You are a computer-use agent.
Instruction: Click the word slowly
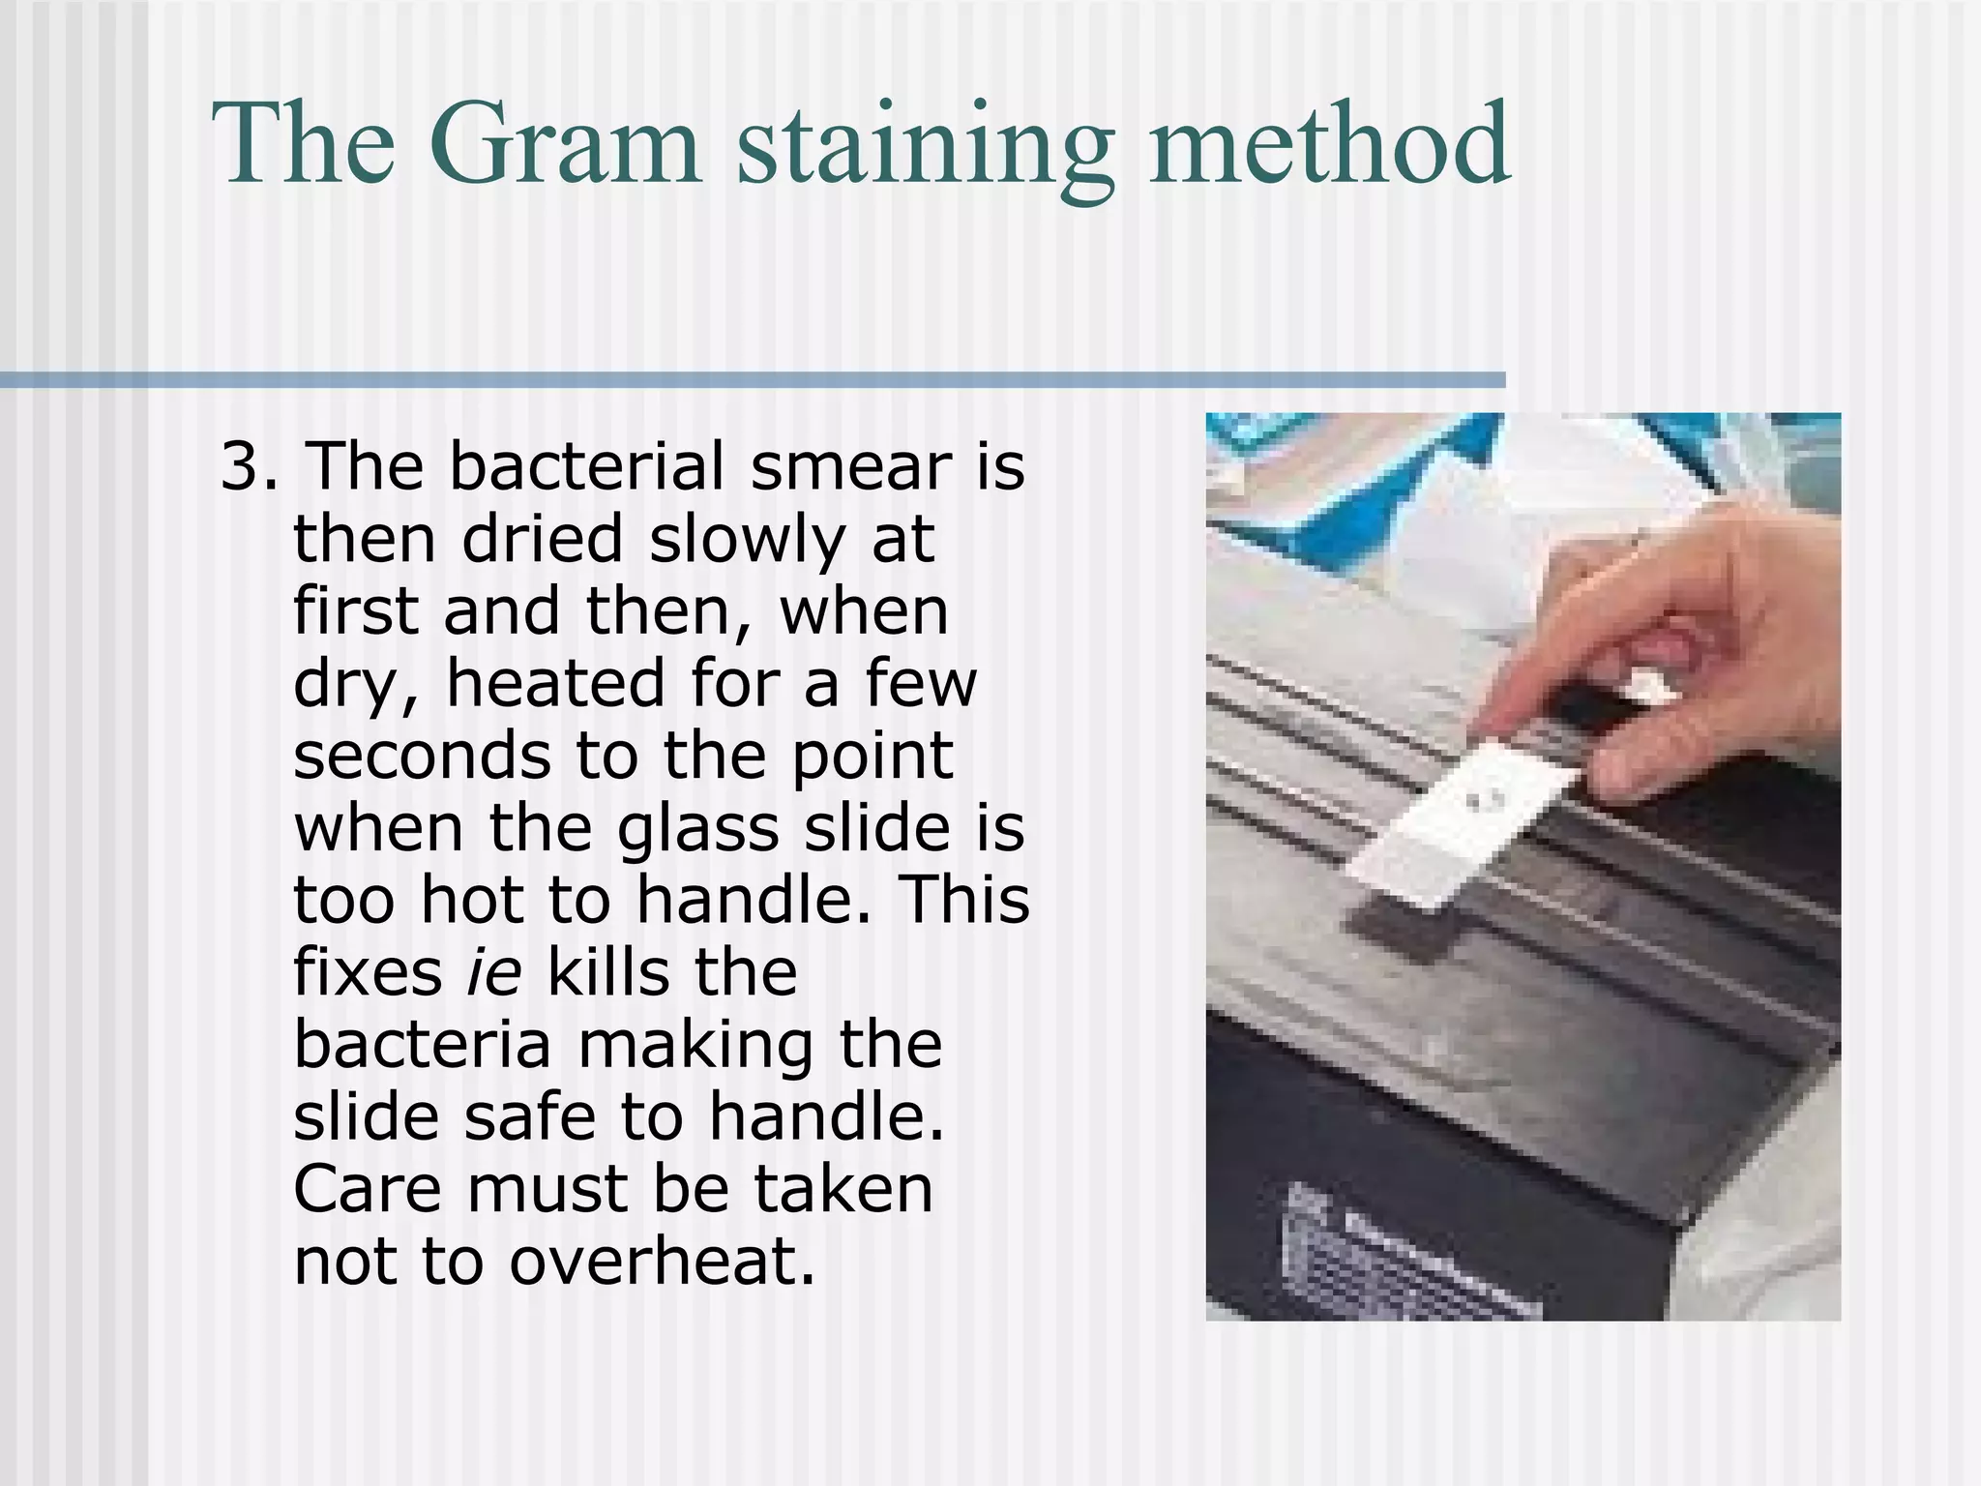[x=747, y=539]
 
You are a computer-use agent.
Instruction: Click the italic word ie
[x=493, y=973]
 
